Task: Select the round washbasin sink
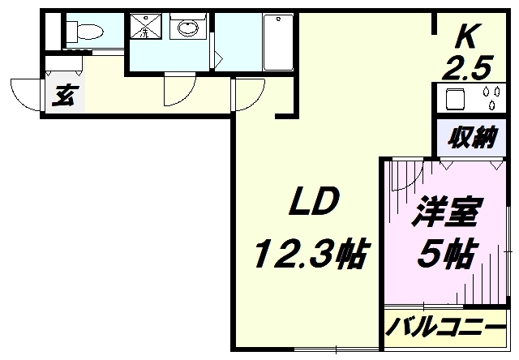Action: [x=188, y=30]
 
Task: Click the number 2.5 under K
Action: [x=463, y=71]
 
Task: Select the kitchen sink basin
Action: [x=453, y=99]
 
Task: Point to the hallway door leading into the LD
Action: [x=247, y=94]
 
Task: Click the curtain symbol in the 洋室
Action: [x=399, y=191]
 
